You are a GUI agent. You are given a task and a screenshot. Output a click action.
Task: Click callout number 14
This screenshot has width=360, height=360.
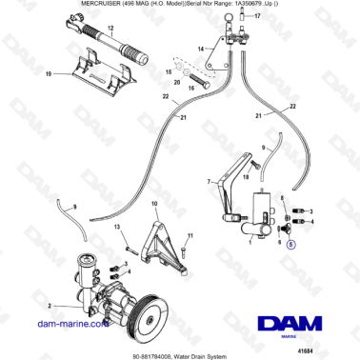pos(201,48)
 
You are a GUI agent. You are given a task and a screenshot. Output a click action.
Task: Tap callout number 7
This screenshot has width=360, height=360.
pos(209,180)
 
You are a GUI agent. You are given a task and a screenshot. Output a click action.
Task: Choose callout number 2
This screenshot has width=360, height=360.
pos(42,307)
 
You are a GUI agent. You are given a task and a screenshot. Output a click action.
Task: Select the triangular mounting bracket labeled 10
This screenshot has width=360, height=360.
pos(156,250)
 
